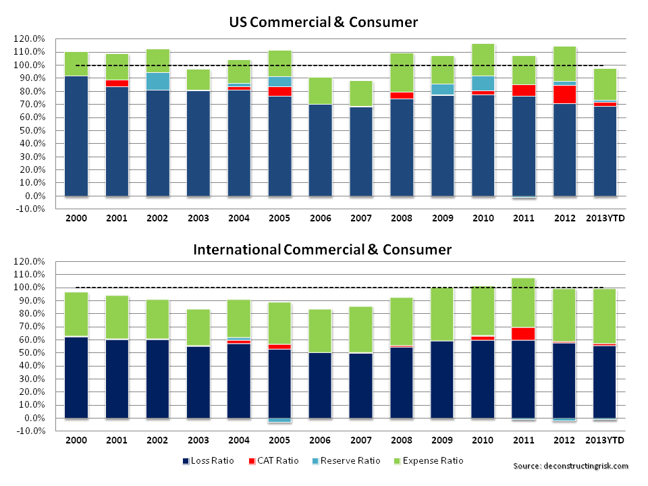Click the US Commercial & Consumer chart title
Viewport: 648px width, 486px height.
click(x=323, y=22)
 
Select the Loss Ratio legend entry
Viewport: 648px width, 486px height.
click(x=209, y=461)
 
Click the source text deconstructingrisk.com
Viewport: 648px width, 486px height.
click(x=570, y=466)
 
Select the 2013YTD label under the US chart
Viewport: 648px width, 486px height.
click(x=605, y=219)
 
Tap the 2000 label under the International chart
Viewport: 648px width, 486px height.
click(x=76, y=441)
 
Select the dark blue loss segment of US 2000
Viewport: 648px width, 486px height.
click(x=76, y=135)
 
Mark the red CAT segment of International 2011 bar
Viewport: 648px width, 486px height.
click(x=524, y=333)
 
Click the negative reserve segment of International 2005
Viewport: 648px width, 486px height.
click(x=280, y=421)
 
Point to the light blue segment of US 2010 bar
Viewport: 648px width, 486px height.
click(x=483, y=83)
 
